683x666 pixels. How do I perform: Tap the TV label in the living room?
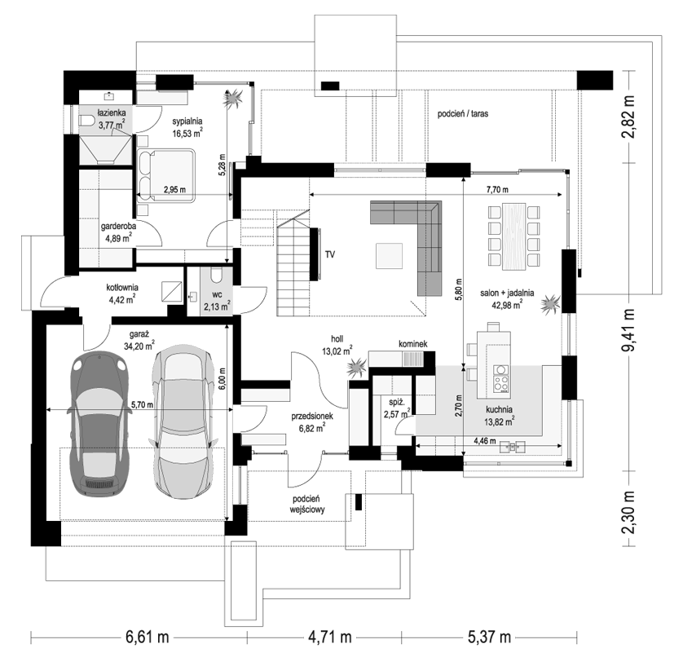330,254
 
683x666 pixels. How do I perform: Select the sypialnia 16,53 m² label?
187,128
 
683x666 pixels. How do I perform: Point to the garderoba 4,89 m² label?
118,232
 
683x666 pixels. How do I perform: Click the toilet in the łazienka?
87,121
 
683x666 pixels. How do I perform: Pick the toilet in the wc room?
216,276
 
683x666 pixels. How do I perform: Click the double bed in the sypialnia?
166,176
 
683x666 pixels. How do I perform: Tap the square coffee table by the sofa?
389,256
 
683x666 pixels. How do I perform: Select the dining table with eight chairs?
514,236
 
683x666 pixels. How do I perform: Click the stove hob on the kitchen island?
500,378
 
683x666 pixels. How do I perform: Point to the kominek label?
413,344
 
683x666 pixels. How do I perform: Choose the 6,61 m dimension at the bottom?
148,637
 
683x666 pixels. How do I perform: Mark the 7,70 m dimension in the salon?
497,189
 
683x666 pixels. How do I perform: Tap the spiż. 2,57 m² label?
396,408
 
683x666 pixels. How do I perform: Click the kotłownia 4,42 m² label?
122,293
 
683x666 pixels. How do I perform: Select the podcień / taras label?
463,113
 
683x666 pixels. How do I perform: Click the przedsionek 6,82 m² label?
312,422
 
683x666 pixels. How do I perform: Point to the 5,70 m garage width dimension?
143,405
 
